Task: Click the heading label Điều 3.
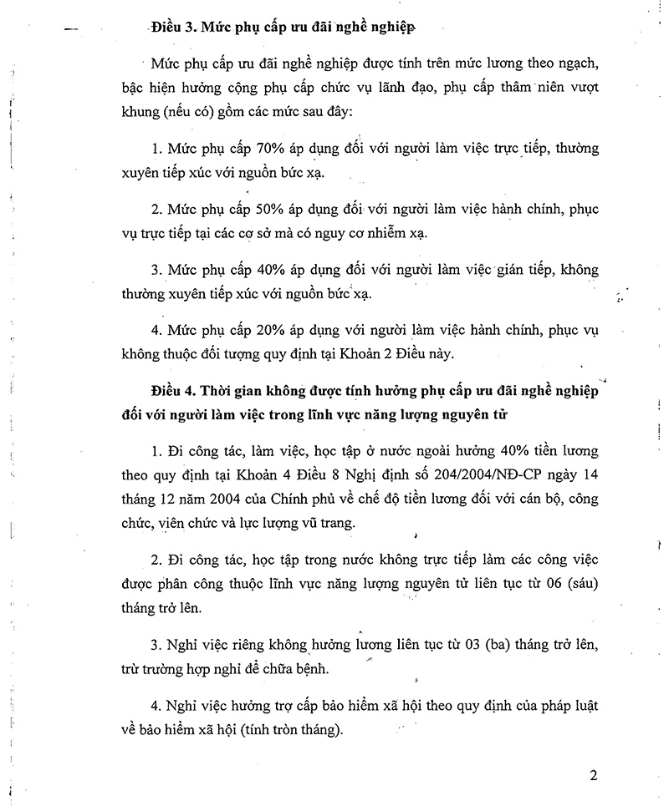pos(173,28)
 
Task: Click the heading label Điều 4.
pos(173,393)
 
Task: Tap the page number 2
pos(593,775)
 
